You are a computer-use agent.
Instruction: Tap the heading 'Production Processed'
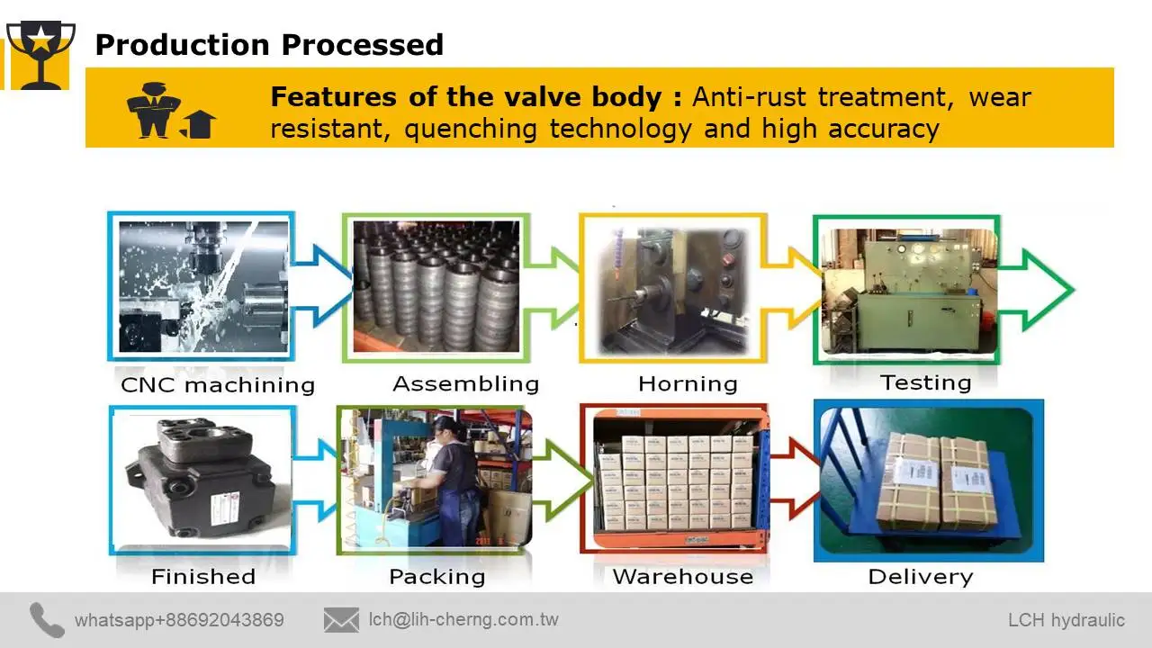tap(269, 44)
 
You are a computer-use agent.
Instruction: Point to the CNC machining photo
tap(203, 285)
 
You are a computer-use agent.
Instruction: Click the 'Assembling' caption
tap(465, 384)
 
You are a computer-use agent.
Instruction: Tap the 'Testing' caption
tap(925, 382)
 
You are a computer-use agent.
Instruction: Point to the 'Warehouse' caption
tap(682, 577)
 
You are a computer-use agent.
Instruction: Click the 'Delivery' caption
tap(920, 577)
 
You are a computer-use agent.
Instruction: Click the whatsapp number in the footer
tap(179, 620)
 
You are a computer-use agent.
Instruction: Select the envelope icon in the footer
tap(341, 620)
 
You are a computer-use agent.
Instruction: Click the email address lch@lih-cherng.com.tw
tap(463, 619)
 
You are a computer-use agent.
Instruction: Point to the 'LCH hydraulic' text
tap(1066, 620)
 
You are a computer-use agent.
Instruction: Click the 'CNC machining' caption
tap(218, 385)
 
